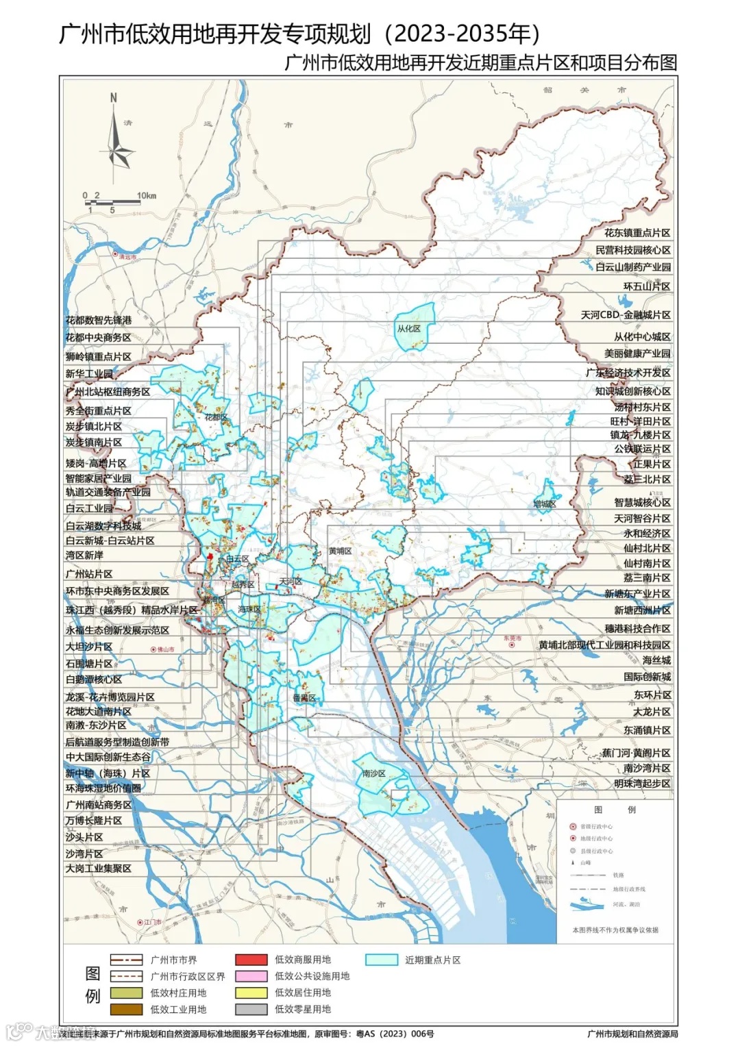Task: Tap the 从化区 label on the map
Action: pos(408,329)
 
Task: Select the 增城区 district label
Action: pos(545,504)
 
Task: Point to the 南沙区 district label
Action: pos(374,773)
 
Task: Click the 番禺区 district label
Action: pos(304,698)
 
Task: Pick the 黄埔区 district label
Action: pos(340,551)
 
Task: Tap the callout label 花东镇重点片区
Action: pos(637,233)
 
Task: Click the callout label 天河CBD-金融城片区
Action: pos(626,315)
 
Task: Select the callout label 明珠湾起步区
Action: pos(642,784)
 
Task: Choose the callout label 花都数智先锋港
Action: pos(99,320)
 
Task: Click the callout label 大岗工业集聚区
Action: pos(99,869)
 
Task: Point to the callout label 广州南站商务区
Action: pos(99,805)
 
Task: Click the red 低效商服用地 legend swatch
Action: pos(251,960)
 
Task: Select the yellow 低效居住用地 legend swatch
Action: pos(251,993)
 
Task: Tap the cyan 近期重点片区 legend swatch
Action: pos(381,960)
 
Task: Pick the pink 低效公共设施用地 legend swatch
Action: pos(251,976)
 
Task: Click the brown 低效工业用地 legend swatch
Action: pos(126,1009)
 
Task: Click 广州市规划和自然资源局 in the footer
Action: pos(632,1034)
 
